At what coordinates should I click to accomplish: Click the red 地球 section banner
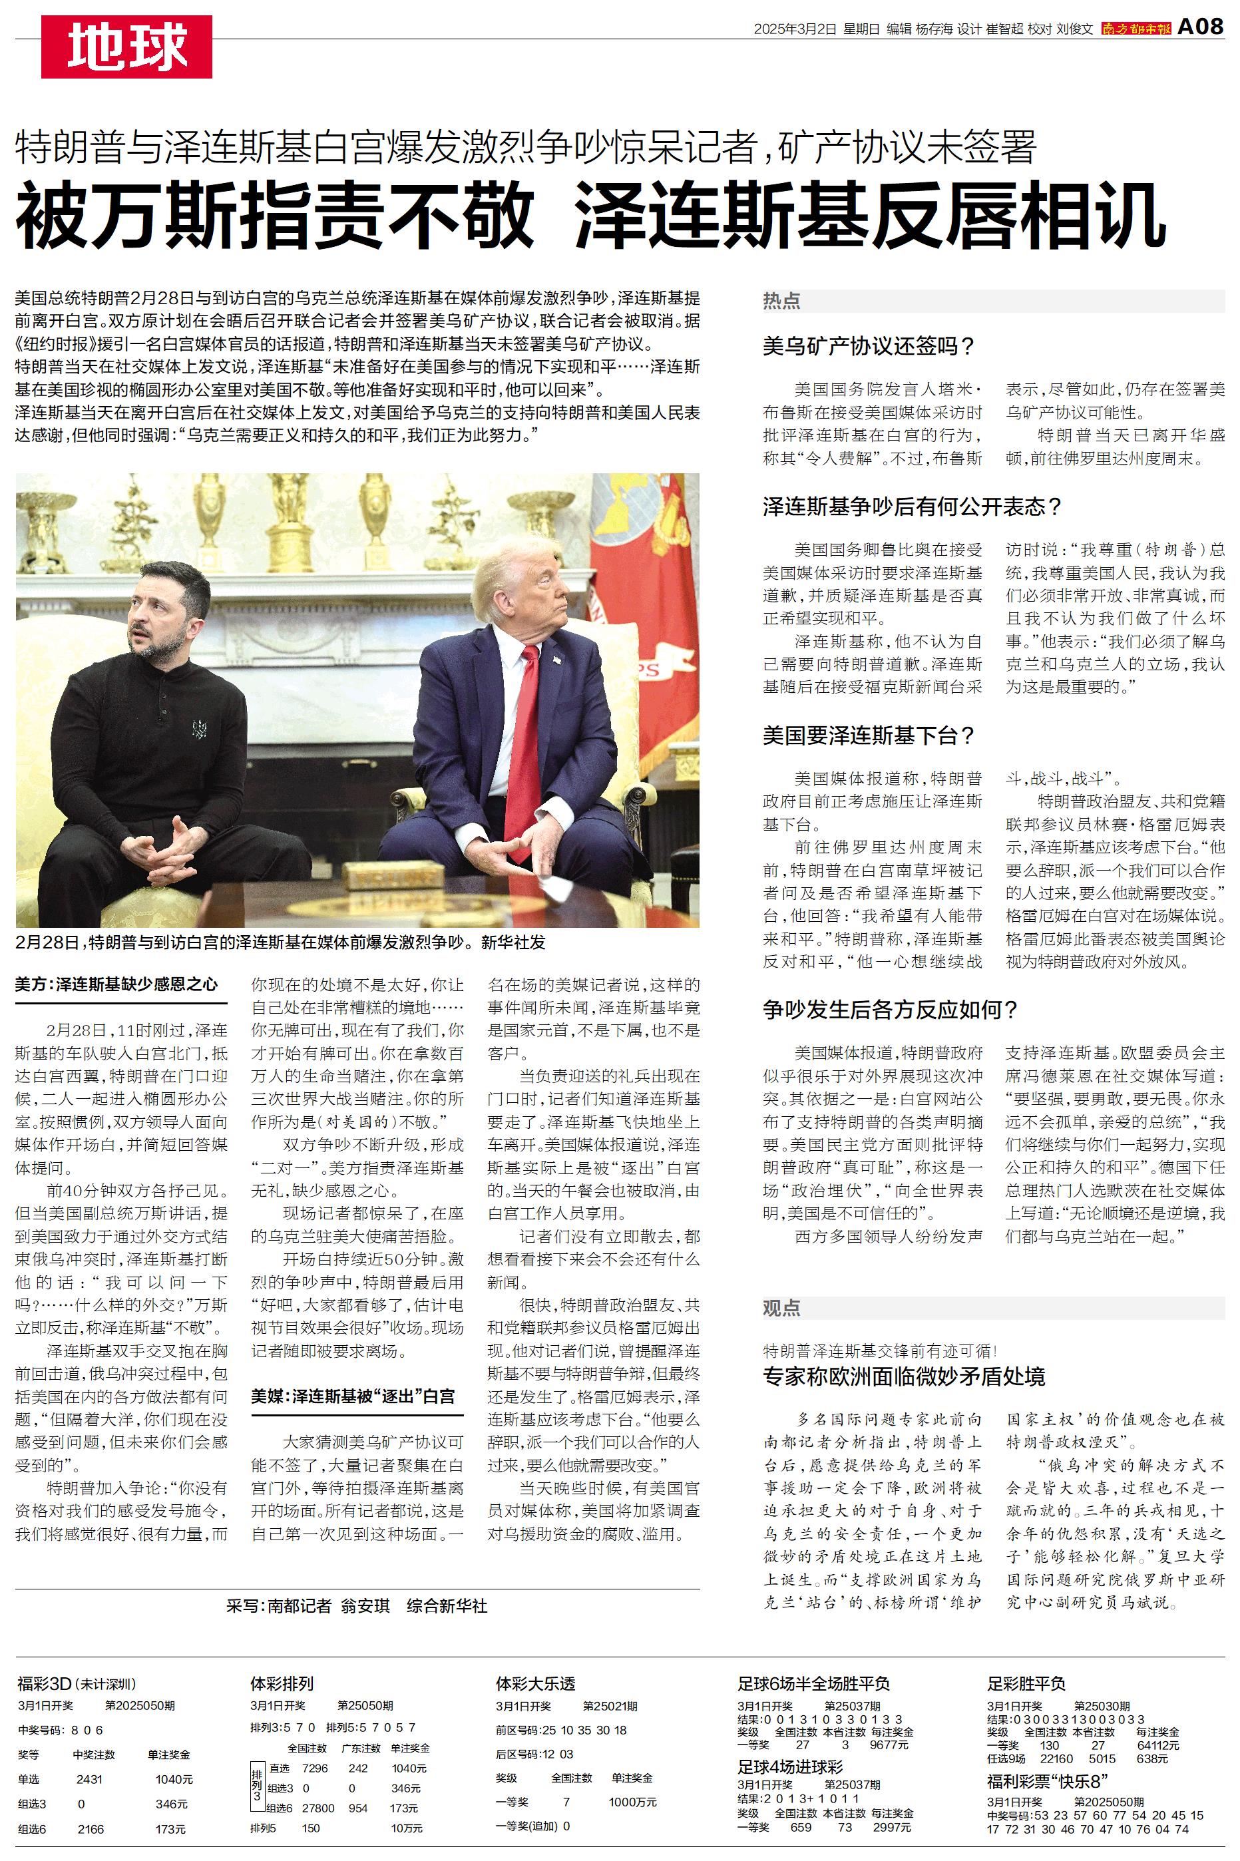(126, 47)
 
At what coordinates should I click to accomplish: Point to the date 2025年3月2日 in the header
(794, 29)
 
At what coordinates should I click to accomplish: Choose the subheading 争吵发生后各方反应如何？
(891, 1010)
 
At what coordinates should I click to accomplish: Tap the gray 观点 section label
(781, 1308)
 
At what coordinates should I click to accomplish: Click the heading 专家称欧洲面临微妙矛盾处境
(903, 1376)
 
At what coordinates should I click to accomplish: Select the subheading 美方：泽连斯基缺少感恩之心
(116, 984)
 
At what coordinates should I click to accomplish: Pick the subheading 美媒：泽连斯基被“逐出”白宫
(353, 1396)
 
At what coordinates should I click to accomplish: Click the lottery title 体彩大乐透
(535, 1684)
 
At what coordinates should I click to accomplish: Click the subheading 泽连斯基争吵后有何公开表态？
(913, 507)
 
